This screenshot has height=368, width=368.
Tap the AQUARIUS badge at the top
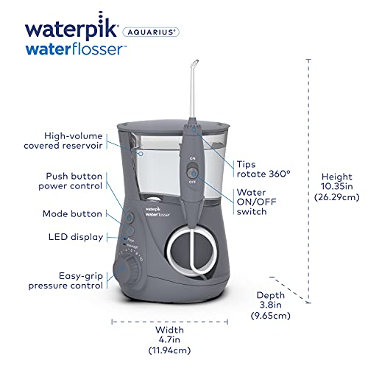151,32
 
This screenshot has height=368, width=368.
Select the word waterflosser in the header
76,49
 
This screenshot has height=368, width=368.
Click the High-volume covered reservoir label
63,141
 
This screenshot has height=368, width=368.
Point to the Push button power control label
70,181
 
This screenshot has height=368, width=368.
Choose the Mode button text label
72,213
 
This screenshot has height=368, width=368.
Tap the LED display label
76,237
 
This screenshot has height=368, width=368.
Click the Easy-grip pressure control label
66,280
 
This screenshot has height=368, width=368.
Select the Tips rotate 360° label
263,169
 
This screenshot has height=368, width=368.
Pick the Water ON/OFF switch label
256,202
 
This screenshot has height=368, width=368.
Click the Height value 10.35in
337,186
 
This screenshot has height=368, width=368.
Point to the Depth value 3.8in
271,305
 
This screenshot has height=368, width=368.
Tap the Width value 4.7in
169,340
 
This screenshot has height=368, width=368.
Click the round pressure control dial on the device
127,269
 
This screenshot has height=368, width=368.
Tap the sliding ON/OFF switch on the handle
192,172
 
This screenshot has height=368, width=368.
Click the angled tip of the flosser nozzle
194,63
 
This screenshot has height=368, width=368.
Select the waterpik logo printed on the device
158,212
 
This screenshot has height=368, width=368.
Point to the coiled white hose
192,251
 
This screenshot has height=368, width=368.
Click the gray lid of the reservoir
173,127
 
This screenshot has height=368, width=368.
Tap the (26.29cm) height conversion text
337,197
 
